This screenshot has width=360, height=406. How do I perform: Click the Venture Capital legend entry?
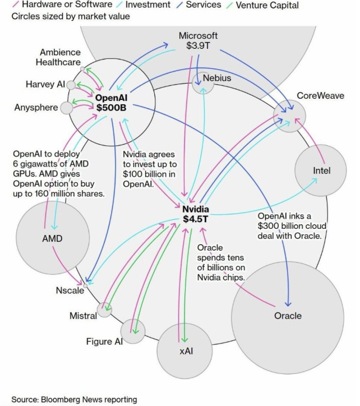(x=262, y=5)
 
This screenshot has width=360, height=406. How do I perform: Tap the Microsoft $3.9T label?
(x=198, y=40)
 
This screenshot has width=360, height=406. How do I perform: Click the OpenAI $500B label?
(x=111, y=103)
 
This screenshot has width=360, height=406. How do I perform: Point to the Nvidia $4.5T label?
(x=196, y=214)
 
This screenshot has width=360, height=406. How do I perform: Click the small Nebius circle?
(x=204, y=83)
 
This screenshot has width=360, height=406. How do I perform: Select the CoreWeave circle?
(x=289, y=116)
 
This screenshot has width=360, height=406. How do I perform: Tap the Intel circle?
(x=320, y=170)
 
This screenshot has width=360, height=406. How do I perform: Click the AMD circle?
(x=53, y=237)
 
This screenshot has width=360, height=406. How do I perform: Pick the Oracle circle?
(x=288, y=317)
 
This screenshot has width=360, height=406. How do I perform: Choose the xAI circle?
(x=184, y=351)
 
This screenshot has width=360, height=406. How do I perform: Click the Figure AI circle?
(x=132, y=331)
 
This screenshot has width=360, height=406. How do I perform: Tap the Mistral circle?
(x=104, y=310)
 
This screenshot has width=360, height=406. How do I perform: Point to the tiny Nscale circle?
(x=85, y=285)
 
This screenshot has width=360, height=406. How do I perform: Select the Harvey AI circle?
(x=71, y=85)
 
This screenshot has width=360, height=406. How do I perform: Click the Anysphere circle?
(x=67, y=108)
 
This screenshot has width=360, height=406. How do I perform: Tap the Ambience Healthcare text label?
(x=58, y=57)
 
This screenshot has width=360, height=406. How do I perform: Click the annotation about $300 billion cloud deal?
(x=292, y=226)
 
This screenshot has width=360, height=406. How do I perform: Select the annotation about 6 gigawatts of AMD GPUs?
(x=59, y=174)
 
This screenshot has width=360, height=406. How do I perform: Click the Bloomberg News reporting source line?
(x=74, y=399)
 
